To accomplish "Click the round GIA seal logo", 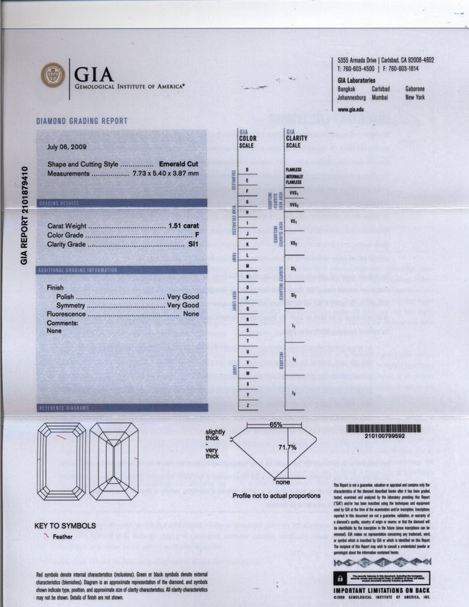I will click(53, 75).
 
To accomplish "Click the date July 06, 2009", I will click(67, 147).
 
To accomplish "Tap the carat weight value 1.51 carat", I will click(184, 225).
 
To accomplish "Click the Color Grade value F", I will click(197, 234).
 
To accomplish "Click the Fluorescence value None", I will click(191, 315).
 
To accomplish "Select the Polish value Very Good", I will click(183, 296).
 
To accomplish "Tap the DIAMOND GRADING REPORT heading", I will click(82, 121).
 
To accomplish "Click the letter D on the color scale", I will click(246, 170).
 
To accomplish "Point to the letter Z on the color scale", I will click(246, 405).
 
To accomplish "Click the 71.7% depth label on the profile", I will click(287, 447).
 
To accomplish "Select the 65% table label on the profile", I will click(276, 425).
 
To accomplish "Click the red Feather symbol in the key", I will click(46, 537).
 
